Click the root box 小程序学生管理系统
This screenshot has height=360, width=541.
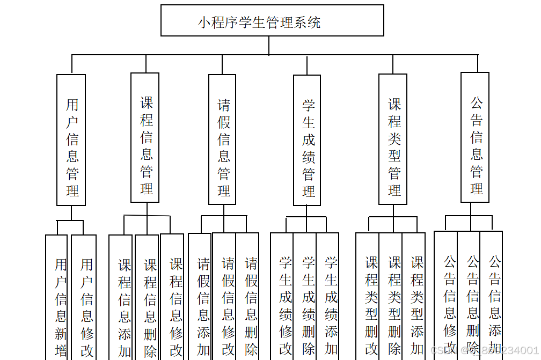point(272,21)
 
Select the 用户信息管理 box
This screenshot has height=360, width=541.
point(71,139)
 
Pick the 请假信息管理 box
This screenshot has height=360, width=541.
point(223,139)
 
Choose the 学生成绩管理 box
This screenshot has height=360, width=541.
point(307,140)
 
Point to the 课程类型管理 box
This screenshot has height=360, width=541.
point(393,139)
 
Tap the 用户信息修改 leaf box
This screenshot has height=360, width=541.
point(84,300)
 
